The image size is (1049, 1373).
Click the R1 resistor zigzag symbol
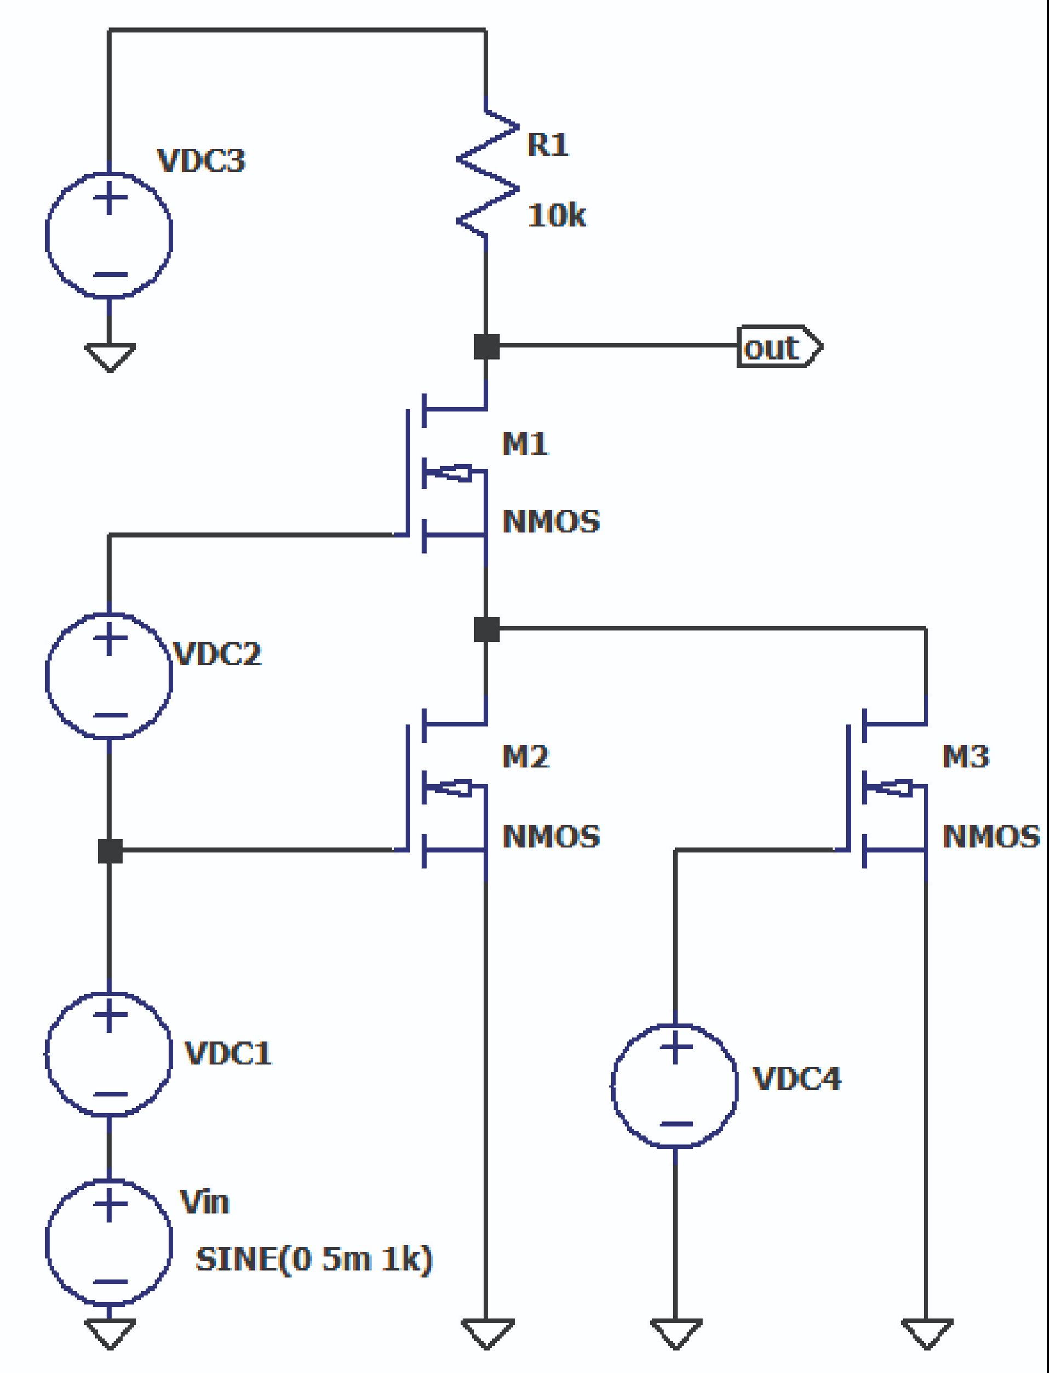(x=487, y=174)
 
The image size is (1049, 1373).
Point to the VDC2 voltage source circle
(x=109, y=676)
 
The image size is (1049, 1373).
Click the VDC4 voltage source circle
(x=675, y=1085)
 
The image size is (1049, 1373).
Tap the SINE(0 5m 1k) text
(x=313, y=1258)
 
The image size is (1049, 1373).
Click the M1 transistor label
(x=525, y=443)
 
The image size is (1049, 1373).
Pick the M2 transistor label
(x=525, y=757)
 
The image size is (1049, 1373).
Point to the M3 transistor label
(x=965, y=757)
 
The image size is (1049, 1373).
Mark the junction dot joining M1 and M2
(x=486, y=629)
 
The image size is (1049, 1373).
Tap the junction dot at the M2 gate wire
(x=110, y=851)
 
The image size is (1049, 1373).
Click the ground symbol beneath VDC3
(x=110, y=357)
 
